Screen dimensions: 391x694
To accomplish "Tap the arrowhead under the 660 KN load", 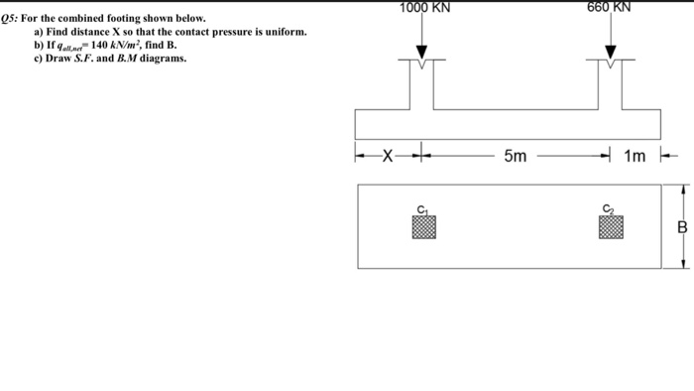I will tap(611, 55).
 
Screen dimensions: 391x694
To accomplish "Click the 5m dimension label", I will tap(516, 155).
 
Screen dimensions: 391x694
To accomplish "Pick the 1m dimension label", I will tap(636, 155).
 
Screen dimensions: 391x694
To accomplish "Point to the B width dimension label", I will tap(682, 227).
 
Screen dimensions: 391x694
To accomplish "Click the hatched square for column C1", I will tap(423, 228).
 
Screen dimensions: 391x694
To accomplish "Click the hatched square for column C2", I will tap(611, 228).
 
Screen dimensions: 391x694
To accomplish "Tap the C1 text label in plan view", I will tap(422, 208).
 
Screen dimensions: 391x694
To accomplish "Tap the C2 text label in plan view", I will tap(610, 208).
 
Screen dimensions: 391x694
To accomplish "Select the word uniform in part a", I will tap(281, 33).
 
